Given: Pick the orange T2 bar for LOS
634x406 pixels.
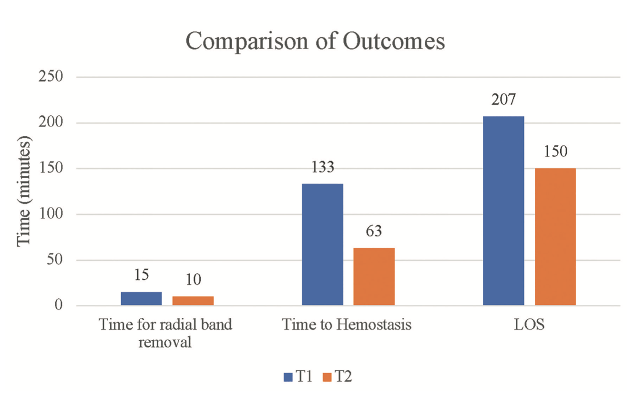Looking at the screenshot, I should (555, 236).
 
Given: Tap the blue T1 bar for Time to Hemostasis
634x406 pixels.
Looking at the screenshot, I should (322, 244).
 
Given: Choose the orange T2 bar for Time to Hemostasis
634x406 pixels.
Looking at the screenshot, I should (374, 276).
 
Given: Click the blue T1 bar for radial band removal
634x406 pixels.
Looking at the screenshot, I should (141, 298).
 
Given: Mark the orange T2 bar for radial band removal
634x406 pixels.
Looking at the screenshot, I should (193, 300).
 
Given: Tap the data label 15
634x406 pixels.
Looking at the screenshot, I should (141, 276).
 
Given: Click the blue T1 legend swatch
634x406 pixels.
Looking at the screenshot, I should (287, 377).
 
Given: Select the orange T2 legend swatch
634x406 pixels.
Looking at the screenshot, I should (327, 377).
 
